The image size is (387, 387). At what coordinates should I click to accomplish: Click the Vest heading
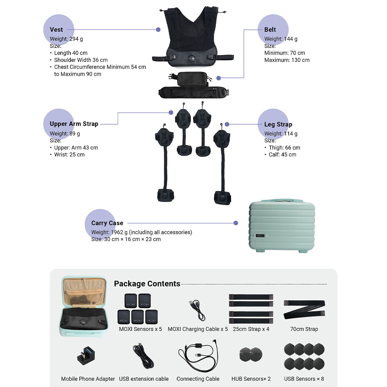pos(57,30)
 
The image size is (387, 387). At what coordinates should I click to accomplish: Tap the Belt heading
pos(270,30)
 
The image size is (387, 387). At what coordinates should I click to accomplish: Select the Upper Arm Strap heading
pos(74,124)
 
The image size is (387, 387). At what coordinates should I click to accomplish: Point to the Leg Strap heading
pos(278,125)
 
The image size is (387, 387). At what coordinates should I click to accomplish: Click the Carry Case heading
pos(107,223)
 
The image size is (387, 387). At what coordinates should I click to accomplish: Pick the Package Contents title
pos(147,284)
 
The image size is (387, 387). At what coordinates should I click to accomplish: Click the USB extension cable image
pos(144,356)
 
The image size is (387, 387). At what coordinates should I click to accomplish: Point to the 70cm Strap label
pos(304,329)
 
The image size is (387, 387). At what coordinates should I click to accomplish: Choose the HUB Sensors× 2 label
pos(251,379)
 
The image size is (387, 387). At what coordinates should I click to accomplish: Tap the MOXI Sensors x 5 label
pos(140,329)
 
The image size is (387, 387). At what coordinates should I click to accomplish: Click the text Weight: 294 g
pos(66,39)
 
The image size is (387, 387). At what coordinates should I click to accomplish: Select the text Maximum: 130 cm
pos(287,60)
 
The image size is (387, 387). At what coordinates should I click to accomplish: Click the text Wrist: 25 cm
pos(69,154)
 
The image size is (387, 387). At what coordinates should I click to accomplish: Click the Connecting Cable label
pos(198,379)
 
